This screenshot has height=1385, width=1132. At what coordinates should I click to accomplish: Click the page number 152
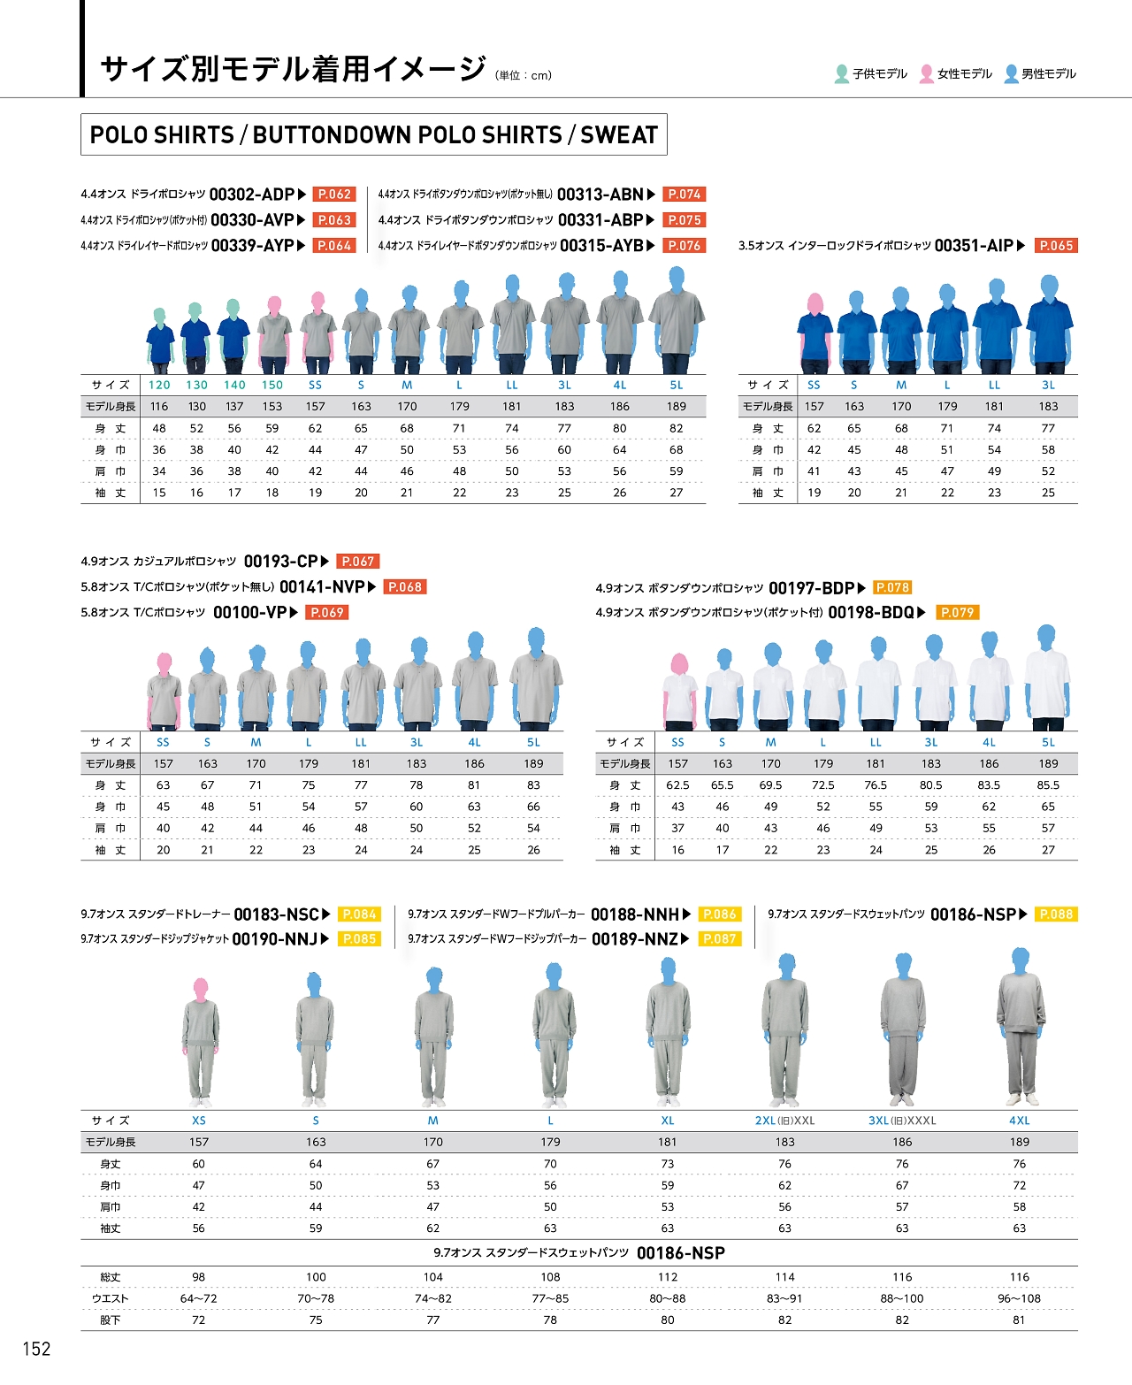click(x=36, y=1349)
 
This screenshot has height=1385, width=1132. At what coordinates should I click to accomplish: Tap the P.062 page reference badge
click(x=334, y=195)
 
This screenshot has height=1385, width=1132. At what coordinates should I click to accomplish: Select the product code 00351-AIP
click(x=974, y=246)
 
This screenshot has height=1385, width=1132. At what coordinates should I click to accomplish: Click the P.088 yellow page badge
click(x=1056, y=914)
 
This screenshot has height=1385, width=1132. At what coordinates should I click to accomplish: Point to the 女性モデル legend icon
click(x=926, y=74)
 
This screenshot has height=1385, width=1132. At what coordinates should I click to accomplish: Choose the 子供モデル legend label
click(x=880, y=74)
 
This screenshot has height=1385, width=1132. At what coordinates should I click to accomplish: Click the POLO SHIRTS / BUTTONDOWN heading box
click(x=373, y=134)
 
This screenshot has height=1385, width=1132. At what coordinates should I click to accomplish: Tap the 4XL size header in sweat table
click(x=1019, y=1121)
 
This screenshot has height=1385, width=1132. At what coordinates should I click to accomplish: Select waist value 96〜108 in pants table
click(x=1019, y=1298)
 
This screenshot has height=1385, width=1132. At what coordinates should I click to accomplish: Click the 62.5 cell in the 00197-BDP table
click(x=677, y=785)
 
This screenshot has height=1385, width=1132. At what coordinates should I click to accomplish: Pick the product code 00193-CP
click(x=280, y=562)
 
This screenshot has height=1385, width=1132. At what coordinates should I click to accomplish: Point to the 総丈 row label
click(x=111, y=1277)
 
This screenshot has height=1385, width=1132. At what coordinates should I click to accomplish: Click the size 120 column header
click(x=159, y=386)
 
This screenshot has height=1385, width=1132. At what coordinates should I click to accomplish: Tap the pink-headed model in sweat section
click(x=201, y=1039)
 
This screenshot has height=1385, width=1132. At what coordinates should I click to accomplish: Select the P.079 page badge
click(x=957, y=613)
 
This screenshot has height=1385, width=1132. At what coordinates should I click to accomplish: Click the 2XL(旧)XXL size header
click(x=784, y=1121)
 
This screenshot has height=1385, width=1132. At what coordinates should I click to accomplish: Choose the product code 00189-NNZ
click(x=635, y=939)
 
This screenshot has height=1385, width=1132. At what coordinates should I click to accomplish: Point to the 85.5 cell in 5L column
click(x=1048, y=785)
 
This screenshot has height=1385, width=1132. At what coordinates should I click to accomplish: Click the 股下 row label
click(x=111, y=1320)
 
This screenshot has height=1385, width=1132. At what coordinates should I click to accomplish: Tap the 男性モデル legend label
click(x=1049, y=74)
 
